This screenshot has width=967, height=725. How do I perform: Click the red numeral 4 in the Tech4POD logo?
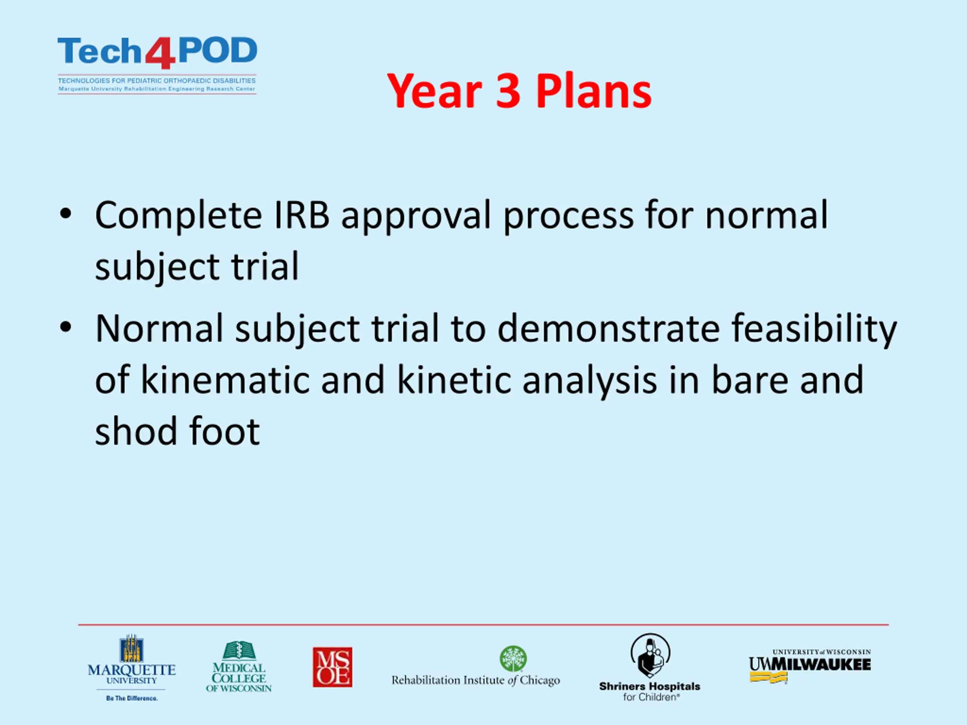click(x=161, y=53)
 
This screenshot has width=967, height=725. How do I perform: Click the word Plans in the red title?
click(x=594, y=91)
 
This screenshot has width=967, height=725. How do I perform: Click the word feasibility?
click(x=814, y=329)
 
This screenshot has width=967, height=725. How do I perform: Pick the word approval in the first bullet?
click(x=416, y=217)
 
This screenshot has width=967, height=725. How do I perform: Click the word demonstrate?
click(x=609, y=329)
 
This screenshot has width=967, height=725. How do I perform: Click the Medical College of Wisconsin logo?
click(x=239, y=666)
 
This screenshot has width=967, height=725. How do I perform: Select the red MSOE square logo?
click(x=332, y=667)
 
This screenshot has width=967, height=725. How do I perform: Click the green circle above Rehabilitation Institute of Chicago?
click(x=513, y=659)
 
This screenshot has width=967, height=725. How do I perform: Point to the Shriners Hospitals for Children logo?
click(x=650, y=667)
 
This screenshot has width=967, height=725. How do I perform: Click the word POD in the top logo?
click(x=218, y=50)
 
